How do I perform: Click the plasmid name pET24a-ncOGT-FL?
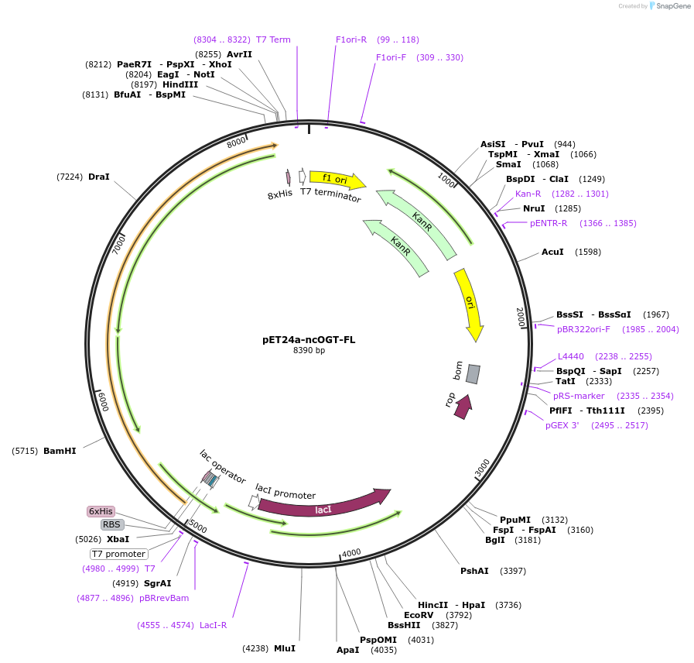click(x=309, y=339)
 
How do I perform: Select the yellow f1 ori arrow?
click(x=337, y=180)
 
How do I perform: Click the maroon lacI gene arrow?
click(x=323, y=507)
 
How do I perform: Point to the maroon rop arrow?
click(x=463, y=407)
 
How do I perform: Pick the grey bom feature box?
click(x=473, y=374)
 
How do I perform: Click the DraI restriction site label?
click(x=99, y=177)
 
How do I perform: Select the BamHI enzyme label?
click(x=60, y=451)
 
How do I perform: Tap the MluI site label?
click(x=284, y=648)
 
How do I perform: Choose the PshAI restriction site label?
click(x=474, y=571)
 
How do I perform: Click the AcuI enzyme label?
click(x=552, y=252)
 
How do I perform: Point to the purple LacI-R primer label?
click(x=213, y=625)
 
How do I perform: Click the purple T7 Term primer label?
click(x=273, y=40)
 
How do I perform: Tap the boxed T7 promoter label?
click(x=119, y=554)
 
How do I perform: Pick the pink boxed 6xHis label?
click(x=101, y=511)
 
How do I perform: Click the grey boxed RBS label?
click(x=112, y=524)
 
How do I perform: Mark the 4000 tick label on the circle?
click(x=351, y=552)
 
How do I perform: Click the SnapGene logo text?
click(x=672, y=6)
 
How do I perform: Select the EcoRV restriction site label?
click(x=419, y=614)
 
